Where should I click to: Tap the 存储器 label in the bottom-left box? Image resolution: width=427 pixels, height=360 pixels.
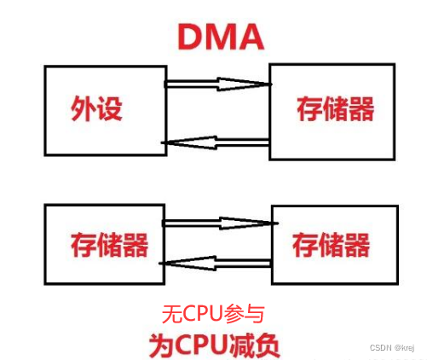109,245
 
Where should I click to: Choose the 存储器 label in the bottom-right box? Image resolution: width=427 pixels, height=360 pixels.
332,246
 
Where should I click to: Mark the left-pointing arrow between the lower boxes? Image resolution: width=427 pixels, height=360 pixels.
218,264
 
